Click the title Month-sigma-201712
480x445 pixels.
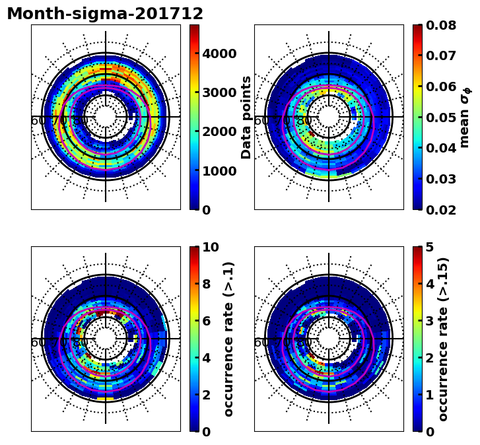pos(105,14)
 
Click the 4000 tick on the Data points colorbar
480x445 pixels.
pos(219,53)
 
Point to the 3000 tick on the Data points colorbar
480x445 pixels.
pos(219,92)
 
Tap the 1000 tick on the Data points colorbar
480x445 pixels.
pos(219,171)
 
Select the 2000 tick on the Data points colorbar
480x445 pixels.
pos(219,131)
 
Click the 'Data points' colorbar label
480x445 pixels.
pos(247,117)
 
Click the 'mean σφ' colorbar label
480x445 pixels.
pos(465,117)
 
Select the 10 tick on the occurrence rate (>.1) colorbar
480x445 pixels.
pos(210,248)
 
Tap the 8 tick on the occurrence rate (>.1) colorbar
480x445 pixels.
pos(206,284)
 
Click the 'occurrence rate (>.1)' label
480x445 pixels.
pos(229,339)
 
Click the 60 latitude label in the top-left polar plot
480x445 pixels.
pos(38,121)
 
